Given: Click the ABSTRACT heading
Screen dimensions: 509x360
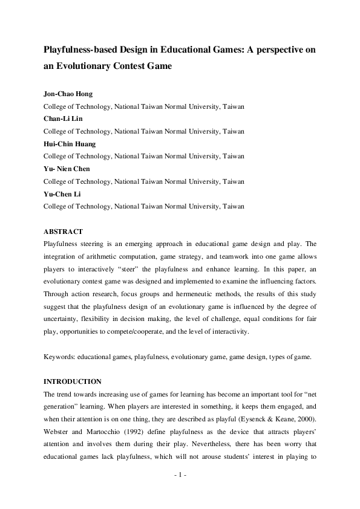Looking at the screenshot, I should pyautogui.click(x=64, y=232).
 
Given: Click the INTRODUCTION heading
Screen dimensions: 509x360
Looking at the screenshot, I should pyautogui.click(x=73, y=381).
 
